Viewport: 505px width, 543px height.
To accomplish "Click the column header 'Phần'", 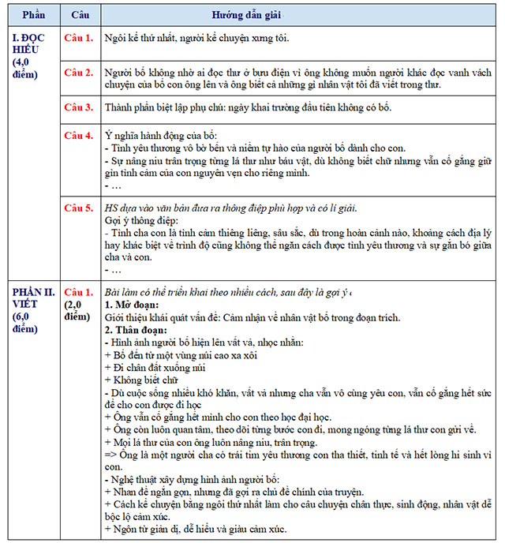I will pos(34,14).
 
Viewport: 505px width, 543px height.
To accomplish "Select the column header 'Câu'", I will pos(80,14).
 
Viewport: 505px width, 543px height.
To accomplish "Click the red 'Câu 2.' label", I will pos(79,73).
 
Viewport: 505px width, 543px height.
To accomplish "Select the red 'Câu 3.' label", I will pos(79,107).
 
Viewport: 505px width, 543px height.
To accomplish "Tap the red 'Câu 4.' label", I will pos(79,136).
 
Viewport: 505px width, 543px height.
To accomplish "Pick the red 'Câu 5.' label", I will pos(79,208).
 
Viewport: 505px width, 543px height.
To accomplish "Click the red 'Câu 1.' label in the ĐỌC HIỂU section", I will pos(79,37).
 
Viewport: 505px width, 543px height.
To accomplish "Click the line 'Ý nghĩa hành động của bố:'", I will pos(160,136).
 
